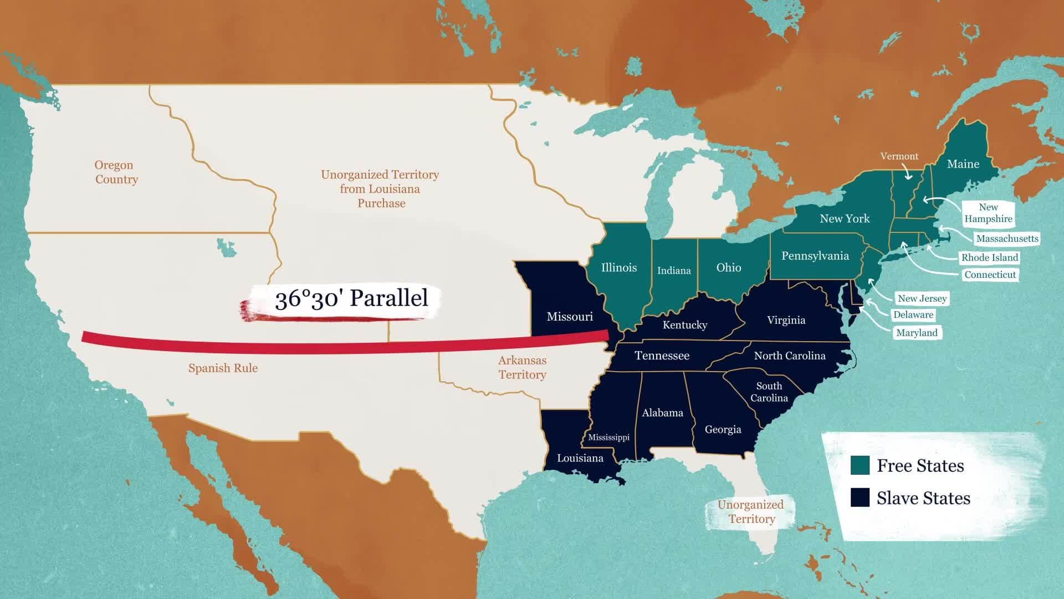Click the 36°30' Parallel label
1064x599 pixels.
click(351, 299)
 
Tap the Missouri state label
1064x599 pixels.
click(569, 317)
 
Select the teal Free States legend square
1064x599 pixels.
click(860, 465)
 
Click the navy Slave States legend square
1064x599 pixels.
click(860, 498)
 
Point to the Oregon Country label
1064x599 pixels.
click(115, 172)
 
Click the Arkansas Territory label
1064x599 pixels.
click(522, 367)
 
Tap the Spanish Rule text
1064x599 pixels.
click(223, 368)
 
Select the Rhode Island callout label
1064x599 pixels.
click(989, 257)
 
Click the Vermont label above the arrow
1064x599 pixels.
click(899, 156)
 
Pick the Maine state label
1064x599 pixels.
click(963, 164)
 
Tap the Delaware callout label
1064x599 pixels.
click(913, 315)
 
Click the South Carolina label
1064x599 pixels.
click(769, 392)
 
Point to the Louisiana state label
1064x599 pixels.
click(580, 458)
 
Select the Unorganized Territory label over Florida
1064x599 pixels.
click(750, 512)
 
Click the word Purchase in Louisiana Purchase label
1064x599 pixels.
click(381, 204)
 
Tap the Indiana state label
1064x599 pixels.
click(673, 271)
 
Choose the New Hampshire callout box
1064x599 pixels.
click(988, 213)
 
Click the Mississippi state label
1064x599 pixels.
click(608, 438)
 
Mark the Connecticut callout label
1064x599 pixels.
click(989, 275)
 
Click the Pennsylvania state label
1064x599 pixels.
click(815, 256)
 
